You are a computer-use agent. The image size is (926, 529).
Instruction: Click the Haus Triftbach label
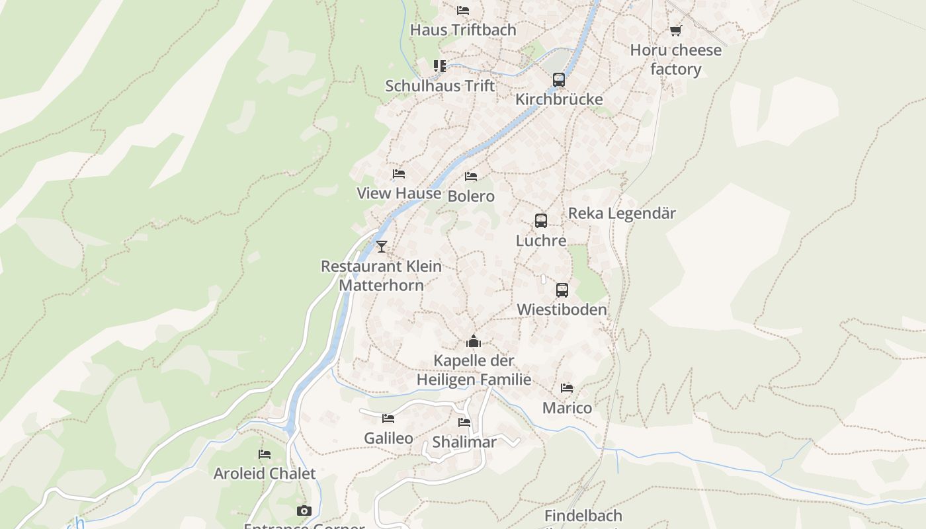tap(463, 30)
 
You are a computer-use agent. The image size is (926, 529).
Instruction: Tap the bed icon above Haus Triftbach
tap(463, 11)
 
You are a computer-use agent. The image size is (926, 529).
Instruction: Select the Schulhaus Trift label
tap(440, 86)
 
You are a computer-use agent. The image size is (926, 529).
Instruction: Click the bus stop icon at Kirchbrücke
tap(559, 80)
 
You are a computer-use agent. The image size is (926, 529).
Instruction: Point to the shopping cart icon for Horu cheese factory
tap(675, 30)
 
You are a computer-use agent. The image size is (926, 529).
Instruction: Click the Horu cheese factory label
tap(675, 60)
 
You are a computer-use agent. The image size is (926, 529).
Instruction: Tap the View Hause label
tap(399, 193)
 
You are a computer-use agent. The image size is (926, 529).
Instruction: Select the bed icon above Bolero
tap(471, 177)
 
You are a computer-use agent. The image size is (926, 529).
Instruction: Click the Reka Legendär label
tap(622, 213)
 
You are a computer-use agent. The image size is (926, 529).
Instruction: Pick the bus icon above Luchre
tap(541, 221)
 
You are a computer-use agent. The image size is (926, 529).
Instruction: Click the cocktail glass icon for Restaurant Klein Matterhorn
tap(382, 247)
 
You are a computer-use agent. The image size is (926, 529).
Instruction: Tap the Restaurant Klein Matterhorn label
tap(382, 275)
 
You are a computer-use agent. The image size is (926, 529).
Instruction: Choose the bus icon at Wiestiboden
tap(562, 290)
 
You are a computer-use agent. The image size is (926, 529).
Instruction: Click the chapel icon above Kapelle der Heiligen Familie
tap(474, 341)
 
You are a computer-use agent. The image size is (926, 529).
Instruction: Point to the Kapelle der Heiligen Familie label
tap(474, 370)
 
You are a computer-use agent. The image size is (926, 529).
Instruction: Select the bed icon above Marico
tap(567, 388)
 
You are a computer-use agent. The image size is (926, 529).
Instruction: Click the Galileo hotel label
tap(388, 438)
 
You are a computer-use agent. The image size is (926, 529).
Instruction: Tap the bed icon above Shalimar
tap(464, 423)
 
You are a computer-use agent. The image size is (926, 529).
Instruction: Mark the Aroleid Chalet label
tap(265, 473)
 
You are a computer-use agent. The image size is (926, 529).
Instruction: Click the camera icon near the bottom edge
tap(304, 510)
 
